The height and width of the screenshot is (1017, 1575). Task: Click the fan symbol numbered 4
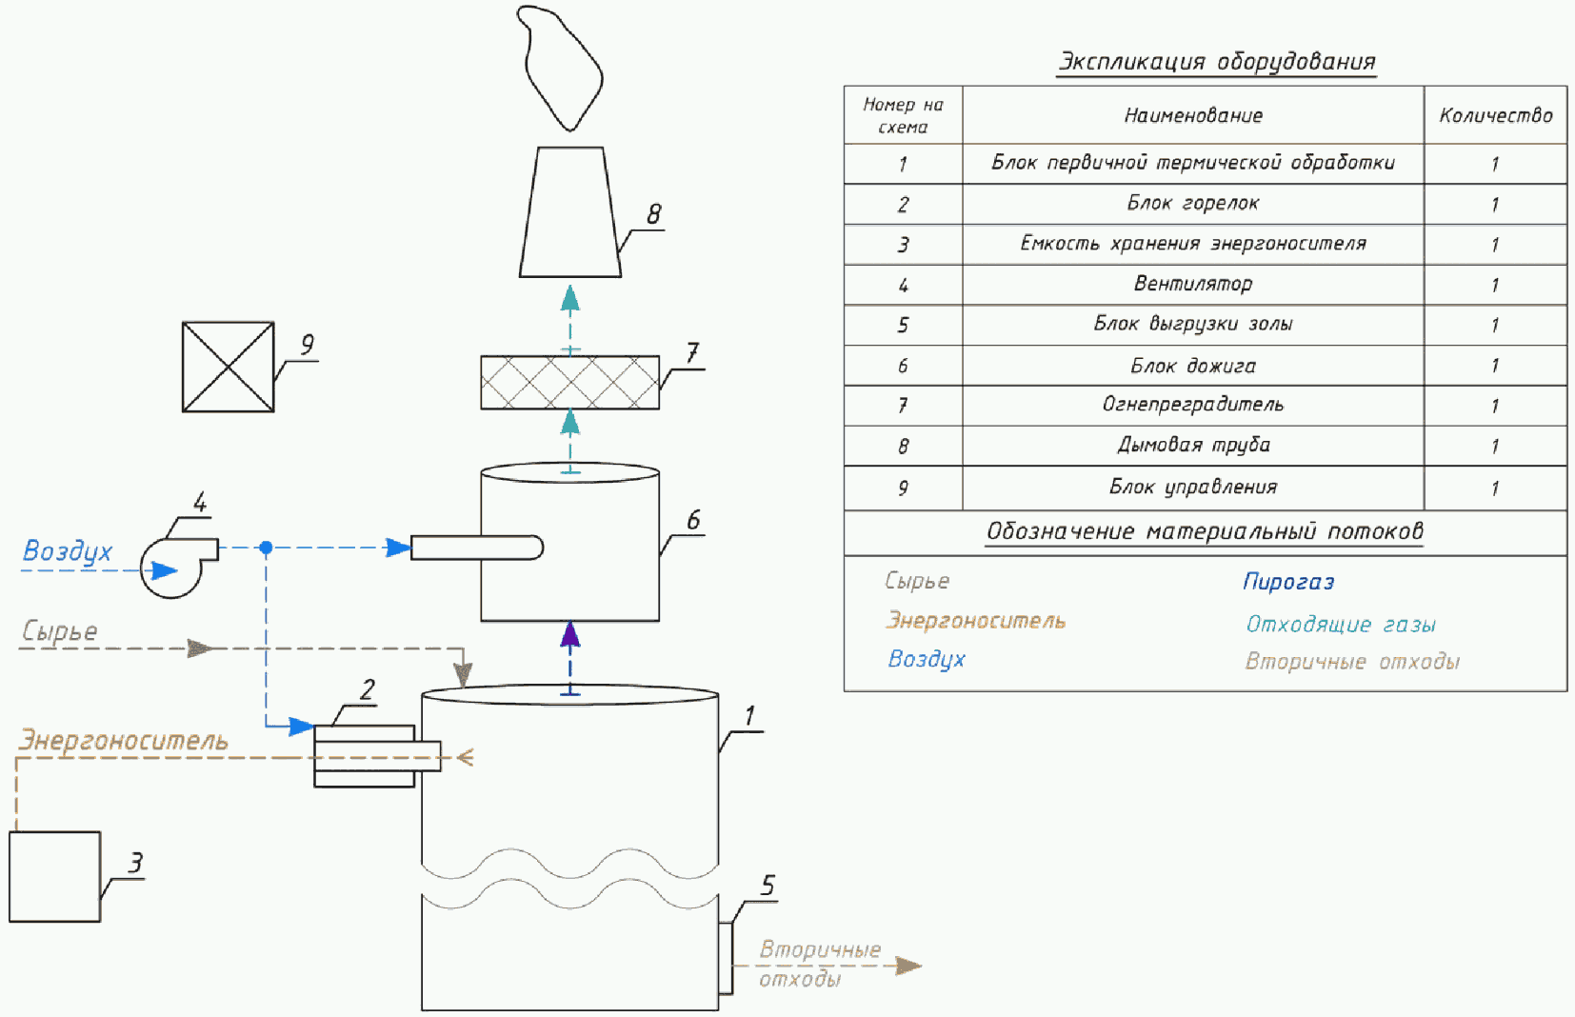pos(172,568)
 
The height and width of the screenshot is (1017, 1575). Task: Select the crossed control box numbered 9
pos(228,367)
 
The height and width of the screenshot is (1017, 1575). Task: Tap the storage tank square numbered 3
pos(54,876)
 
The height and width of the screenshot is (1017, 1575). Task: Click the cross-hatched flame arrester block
pos(569,382)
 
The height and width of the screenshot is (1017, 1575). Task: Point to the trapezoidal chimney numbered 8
pos(569,212)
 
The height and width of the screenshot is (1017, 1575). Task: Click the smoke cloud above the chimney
pos(562,67)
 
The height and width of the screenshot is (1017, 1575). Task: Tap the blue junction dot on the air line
pos(267,548)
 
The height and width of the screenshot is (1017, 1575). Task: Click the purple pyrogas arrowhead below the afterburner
pos(569,635)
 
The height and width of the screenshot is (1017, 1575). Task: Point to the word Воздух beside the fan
pos(67,551)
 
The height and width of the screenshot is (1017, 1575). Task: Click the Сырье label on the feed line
pos(59,631)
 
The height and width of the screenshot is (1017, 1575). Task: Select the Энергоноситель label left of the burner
pos(124,741)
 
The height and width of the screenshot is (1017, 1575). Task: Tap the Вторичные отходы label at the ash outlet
pos(819,963)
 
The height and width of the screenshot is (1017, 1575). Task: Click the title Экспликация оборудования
pos(1217,62)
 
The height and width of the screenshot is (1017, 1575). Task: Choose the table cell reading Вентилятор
pos(1192,284)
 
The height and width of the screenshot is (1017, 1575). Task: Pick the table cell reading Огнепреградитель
pos(1192,405)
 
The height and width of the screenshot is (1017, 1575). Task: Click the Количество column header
pos(1495,115)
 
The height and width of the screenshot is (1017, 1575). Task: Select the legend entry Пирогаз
pos(1288,582)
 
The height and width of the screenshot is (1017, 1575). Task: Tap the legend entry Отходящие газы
pos(1341,625)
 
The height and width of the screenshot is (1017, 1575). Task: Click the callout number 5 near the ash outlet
pos(768,887)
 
